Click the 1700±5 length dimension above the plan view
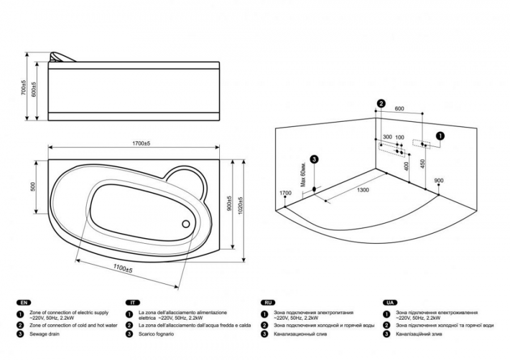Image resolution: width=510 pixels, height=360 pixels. coord(141,143)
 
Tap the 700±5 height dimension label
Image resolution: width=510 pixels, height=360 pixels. coord(23,87)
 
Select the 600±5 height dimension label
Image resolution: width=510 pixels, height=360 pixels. coord(34,89)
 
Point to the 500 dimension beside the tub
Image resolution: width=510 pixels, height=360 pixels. coord(32,187)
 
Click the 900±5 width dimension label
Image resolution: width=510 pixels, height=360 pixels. coord(229,204)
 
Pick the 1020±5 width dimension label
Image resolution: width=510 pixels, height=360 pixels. coord(240,205)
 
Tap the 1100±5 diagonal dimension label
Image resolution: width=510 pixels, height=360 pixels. coord(122,269)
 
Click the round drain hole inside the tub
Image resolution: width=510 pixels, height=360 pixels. coord(186,224)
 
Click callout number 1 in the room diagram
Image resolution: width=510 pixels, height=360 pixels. coord(440,135)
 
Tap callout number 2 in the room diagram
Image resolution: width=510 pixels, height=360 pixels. coord(381,104)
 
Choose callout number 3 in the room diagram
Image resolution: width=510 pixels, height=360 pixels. coord(314,159)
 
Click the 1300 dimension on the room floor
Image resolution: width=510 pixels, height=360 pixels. coord(363,190)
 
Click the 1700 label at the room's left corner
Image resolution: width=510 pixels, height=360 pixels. coord(286,193)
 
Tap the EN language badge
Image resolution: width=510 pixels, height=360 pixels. coord(24,303)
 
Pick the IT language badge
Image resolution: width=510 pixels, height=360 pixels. coord(133,303)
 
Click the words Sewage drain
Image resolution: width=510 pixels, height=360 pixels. coord(45,334)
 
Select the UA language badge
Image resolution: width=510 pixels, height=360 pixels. coord(390,303)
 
